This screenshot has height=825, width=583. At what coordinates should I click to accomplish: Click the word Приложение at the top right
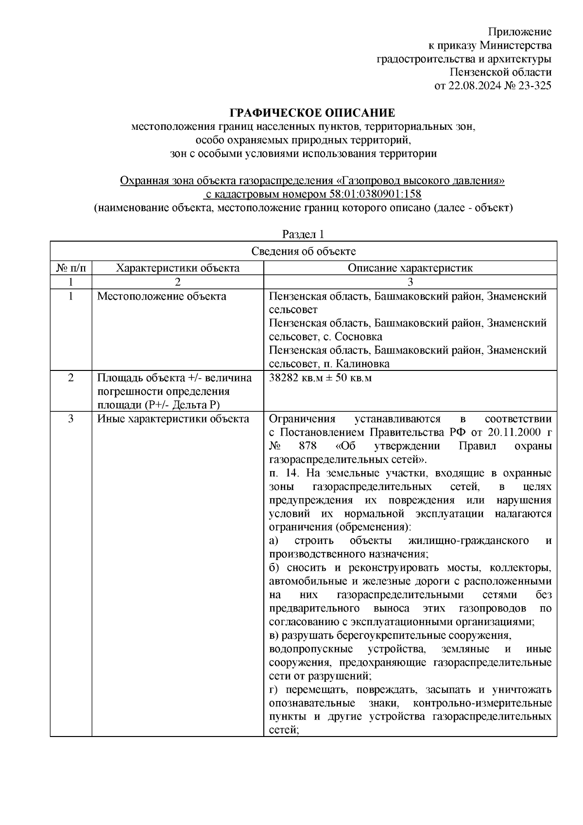[x=520, y=32]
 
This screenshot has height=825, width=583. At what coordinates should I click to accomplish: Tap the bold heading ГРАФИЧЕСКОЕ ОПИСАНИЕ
[x=312, y=113]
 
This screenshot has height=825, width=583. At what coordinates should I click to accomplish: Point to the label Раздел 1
[x=303, y=234]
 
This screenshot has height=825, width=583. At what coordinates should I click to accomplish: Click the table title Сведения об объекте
[x=303, y=251]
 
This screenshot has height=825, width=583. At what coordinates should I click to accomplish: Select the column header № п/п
[x=71, y=268]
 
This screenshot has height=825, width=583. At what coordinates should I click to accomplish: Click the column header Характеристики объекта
[x=178, y=268]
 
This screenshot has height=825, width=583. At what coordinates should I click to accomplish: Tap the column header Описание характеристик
[x=410, y=268]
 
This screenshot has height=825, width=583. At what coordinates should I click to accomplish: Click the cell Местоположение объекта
[x=161, y=296]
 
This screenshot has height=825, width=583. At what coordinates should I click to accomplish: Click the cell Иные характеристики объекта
[x=173, y=419]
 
